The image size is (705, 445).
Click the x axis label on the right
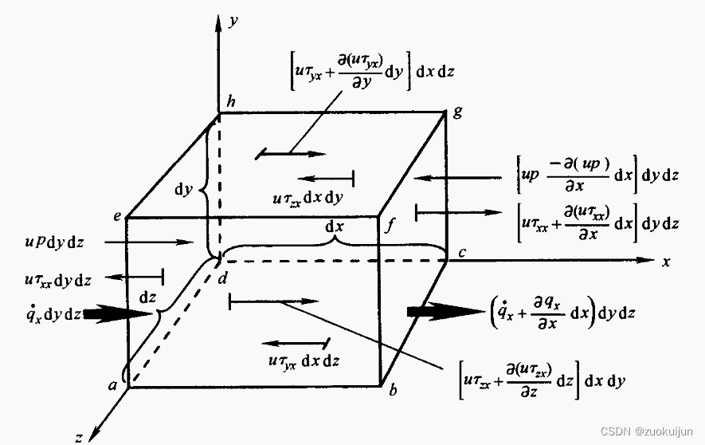tap(664, 262)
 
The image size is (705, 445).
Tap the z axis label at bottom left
tap(78, 437)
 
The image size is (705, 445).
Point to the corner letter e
tap(117, 215)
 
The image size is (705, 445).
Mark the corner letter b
tap(393, 391)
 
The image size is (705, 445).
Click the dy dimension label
tap(184, 191)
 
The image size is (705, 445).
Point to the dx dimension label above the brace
tap(335, 226)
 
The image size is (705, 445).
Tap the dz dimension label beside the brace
tap(148, 296)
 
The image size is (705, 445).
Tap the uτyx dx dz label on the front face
tap(304, 360)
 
